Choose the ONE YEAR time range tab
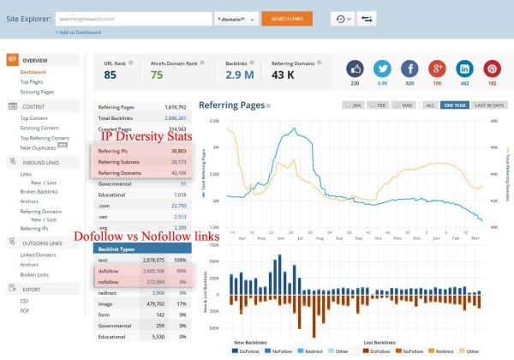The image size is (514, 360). [455, 105]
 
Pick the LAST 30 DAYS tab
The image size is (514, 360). [489, 105]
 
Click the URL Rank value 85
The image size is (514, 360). [110, 75]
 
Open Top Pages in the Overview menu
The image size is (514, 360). [33, 81]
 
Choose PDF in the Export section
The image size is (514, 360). [26, 310]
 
